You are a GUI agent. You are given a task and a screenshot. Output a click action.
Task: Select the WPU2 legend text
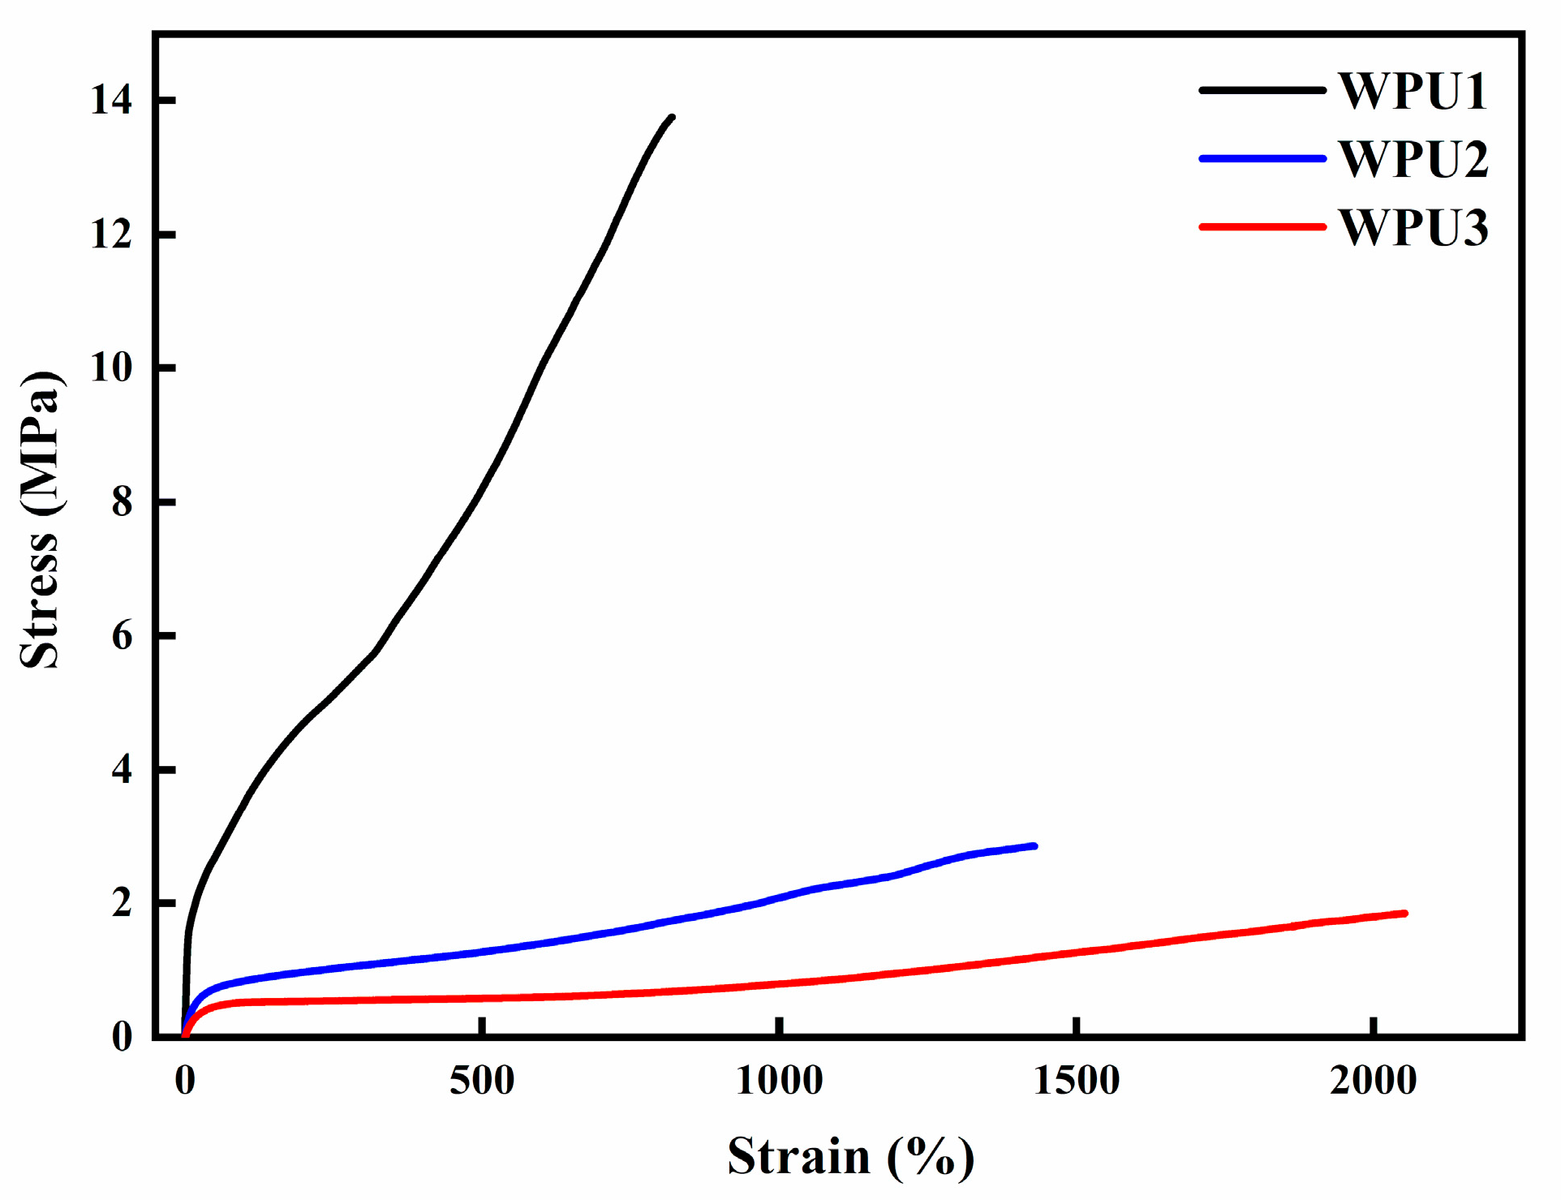click(x=1413, y=159)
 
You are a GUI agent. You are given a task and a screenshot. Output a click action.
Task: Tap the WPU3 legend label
click(x=1413, y=227)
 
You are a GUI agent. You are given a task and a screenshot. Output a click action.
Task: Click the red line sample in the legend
click(x=1262, y=227)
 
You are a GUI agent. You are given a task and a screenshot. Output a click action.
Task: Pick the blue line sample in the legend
click(x=1262, y=159)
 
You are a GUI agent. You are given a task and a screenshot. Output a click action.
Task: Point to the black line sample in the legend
click(x=1262, y=90)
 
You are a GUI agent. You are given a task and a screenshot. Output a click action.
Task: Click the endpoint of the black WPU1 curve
click(x=672, y=118)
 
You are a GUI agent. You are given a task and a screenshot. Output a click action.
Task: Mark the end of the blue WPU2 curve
click(x=1034, y=845)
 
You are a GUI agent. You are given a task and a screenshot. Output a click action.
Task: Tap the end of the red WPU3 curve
click(x=1404, y=914)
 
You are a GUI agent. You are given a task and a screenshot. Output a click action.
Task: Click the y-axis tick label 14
click(x=111, y=101)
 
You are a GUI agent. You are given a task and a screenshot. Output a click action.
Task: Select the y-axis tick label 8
click(x=122, y=502)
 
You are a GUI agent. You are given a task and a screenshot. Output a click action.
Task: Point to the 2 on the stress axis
click(x=122, y=903)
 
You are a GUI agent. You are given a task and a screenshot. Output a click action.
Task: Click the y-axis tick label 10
click(x=111, y=368)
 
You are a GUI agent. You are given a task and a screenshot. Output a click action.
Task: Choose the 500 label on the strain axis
click(x=482, y=1081)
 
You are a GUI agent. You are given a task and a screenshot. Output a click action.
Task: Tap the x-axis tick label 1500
click(x=1076, y=1081)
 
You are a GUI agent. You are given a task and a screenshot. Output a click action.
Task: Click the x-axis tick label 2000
click(x=1373, y=1081)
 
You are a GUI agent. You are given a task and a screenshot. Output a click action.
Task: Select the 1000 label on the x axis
click(x=779, y=1081)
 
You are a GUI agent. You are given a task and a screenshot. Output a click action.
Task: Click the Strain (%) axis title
click(x=850, y=1156)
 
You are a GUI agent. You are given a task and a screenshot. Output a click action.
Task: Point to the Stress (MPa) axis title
click(x=41, y=519)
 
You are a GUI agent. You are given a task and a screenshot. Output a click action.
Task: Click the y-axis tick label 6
click(x=122, y=636)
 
